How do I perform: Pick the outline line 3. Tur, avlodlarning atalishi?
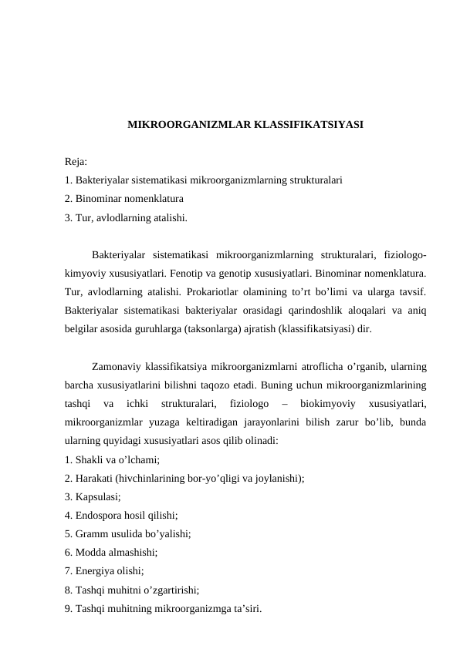(126, 217)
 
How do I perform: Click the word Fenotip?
(211, 272)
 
